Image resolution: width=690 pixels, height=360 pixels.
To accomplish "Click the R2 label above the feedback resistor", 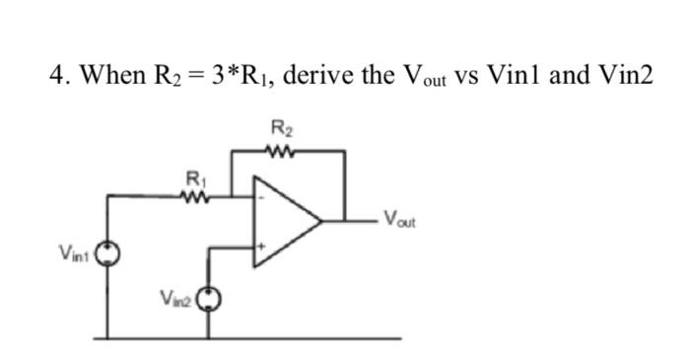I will tap(281, 126).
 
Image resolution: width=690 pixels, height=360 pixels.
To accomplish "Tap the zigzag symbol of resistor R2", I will tap(281, 151).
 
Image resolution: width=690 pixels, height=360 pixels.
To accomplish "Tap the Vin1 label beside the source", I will tap(74, 256).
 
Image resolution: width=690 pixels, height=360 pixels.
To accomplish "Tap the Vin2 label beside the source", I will tap(174, 297).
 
